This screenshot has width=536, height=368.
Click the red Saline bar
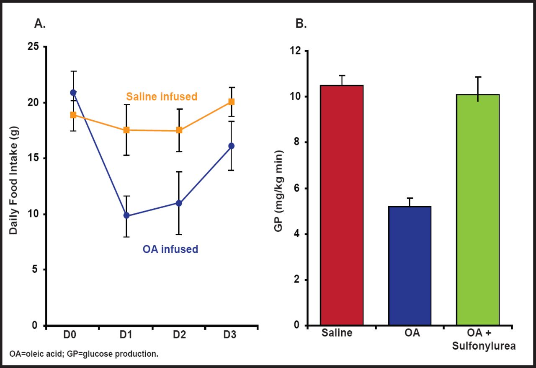(341, 205)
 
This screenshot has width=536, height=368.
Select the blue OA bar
(410, 266)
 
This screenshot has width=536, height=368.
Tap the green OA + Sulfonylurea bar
(478, 210)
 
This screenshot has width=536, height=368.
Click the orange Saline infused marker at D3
(231, 102)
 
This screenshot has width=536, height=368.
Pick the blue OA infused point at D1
(126, 216)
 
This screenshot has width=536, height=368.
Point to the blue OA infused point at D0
(73, 92)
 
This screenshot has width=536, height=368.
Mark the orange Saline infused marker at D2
(179, 130)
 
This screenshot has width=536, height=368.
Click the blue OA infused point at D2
(179, 203)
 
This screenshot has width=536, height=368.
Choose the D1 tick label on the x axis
(126, 335)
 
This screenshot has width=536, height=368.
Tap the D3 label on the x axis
(230, 335)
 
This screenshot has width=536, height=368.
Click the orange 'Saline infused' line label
(161, 97)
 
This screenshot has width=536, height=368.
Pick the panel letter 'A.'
(40, 24)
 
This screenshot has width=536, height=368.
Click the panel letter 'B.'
(301, 24)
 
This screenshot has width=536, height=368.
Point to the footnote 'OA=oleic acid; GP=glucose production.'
(84, 354)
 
